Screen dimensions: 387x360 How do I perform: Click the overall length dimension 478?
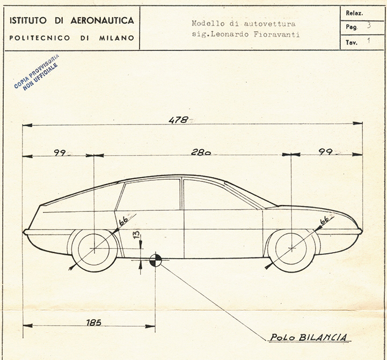tap(178, 120)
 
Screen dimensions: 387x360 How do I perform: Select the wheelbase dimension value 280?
tap(201, 152)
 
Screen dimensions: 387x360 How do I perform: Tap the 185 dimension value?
tap(94, 322)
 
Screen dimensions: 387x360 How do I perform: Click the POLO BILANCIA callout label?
tap(309, 337)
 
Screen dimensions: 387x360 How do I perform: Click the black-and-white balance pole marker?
tap(156, 260)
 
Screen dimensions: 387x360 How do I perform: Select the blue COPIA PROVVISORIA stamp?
tap(36, 72)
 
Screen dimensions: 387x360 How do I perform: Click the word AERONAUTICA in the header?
tap(102, 20)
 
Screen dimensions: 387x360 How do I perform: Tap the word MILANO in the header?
tap(116, 38)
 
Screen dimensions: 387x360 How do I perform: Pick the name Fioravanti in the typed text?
tap(276, 34)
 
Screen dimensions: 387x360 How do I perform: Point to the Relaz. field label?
tap(354, 13)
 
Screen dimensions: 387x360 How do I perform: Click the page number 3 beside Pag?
tap(369, 25)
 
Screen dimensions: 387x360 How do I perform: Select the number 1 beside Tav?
tap(369, 40)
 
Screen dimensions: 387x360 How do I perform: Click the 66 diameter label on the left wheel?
tap(123, 220)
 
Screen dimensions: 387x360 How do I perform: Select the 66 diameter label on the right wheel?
tap(325, 221)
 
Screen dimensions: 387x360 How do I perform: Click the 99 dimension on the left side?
tap(60, 153)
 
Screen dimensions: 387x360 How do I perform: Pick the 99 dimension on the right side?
tap(325, 152)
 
